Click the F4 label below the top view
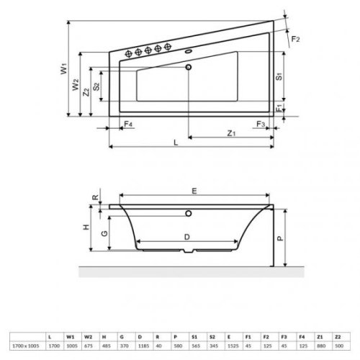click(127, 125)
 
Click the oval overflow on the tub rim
click(190, 51)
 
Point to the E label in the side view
click(194, 190)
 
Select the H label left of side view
click(86, 227)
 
